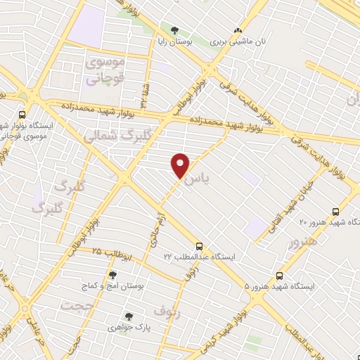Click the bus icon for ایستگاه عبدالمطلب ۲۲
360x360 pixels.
point(200,246)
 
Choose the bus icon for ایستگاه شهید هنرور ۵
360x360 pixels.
point(280,275)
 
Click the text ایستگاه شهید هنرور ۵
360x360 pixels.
point(281,287)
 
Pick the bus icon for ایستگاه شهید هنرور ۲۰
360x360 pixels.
point(336,210)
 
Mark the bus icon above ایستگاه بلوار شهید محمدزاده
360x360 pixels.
point(22,115)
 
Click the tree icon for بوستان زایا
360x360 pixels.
point(174,30)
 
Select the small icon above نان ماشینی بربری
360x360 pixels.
point(238,30)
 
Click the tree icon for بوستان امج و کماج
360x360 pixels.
point(112,275)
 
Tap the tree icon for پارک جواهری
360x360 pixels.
point(128,316)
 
